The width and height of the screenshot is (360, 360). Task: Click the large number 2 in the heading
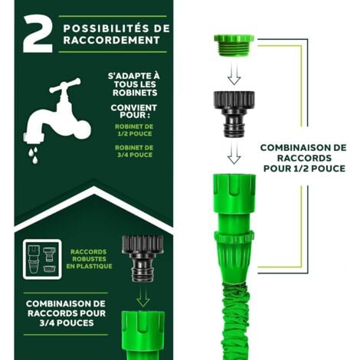[x=38, y=34]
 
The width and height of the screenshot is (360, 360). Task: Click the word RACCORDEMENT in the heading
[x=112, y=40]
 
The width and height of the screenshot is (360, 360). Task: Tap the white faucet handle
[x=65, y=86]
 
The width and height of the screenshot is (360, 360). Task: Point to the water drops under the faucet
[x=34, y=155]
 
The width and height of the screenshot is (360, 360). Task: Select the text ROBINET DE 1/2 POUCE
[x=134, y=130]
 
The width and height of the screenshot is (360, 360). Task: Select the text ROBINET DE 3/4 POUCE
[x=134, y=151]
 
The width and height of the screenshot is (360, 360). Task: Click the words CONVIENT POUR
[x=134, y=111]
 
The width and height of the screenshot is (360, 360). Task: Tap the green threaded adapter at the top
[x=234, y=45]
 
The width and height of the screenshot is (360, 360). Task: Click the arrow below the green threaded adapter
[x=234, y=74]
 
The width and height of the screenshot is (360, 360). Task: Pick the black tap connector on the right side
[x=234, y=114]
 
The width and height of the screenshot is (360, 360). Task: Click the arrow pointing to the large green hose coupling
[x=234, y=152]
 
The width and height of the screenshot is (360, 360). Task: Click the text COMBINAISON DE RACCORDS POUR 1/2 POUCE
[x=304, y=158]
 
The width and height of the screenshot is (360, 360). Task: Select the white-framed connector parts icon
[x=42, y=259]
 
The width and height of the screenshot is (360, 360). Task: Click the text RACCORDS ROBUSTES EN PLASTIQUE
[x=89, y=259]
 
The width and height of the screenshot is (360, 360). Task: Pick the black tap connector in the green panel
[x=142, y=258]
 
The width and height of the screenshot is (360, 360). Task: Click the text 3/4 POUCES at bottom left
[x=67, y=323]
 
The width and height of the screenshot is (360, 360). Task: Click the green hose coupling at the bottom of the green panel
[x=143, y=335]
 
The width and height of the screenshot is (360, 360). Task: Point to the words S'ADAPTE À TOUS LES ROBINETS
[x=134, y=84]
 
